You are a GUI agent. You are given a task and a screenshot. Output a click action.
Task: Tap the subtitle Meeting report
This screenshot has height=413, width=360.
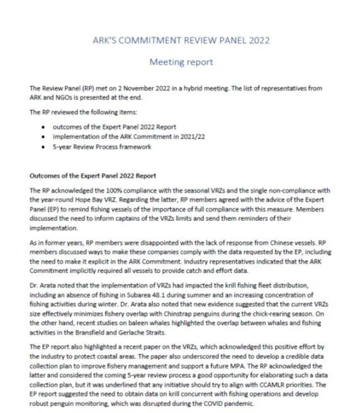pyautogui.click(x=180, y=62)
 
